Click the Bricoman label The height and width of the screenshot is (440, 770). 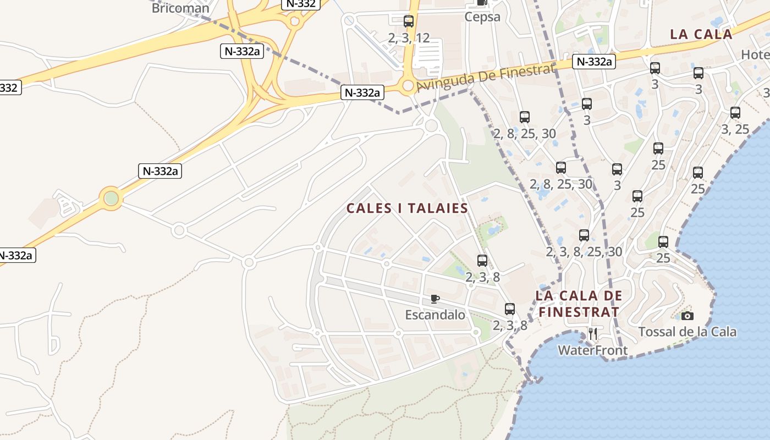[x=180, y=8]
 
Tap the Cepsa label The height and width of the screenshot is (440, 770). [x=482, y=16]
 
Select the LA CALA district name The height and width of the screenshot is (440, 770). [x=701, y=34]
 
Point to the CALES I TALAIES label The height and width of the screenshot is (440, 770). [x=407, y=208]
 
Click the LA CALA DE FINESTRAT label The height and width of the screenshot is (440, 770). [x=579, y=304]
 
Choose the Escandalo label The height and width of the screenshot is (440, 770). [x=435, y=315]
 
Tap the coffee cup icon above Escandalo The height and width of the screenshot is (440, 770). [x=435, y=299]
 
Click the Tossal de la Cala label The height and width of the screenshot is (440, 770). [x=687, y=332]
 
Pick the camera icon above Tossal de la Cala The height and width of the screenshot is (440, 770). [x=687, y=316]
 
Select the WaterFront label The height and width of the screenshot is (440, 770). [x=592, y=350]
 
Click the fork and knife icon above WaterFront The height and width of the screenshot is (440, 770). [x=593, y=334]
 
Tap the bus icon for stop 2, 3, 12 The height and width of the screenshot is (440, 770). [x=409, y=21]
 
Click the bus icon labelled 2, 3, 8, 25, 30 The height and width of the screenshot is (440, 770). [x=584, y=235]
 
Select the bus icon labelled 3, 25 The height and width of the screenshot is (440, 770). [x=735, y=113]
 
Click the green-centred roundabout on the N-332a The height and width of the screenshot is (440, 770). [x=111, y=197]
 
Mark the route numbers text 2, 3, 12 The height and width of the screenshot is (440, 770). [x=409, y=38]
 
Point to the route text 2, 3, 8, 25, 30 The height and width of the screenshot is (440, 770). [x=584, y=252]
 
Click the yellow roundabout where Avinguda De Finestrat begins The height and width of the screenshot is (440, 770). [x=408, y=86]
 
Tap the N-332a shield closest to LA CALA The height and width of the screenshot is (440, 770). [x=593, y=62]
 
